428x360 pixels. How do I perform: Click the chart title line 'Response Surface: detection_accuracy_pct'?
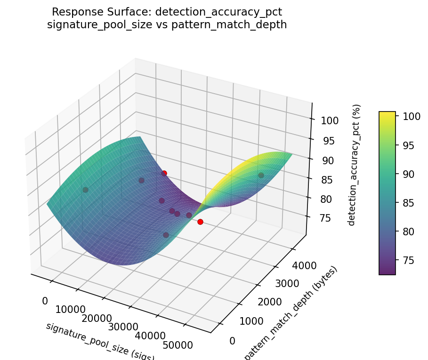[167, 12]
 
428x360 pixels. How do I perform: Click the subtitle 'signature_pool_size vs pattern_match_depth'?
[167, 24]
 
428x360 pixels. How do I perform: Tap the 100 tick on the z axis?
[330, 120]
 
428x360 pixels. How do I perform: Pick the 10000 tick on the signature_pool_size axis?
[71, 309]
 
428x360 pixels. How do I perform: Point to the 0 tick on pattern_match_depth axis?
[232, 341]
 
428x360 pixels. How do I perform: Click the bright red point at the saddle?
[200, 222]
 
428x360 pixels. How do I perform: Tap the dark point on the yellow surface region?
[261, 175]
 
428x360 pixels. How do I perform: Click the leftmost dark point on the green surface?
[85, 190]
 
